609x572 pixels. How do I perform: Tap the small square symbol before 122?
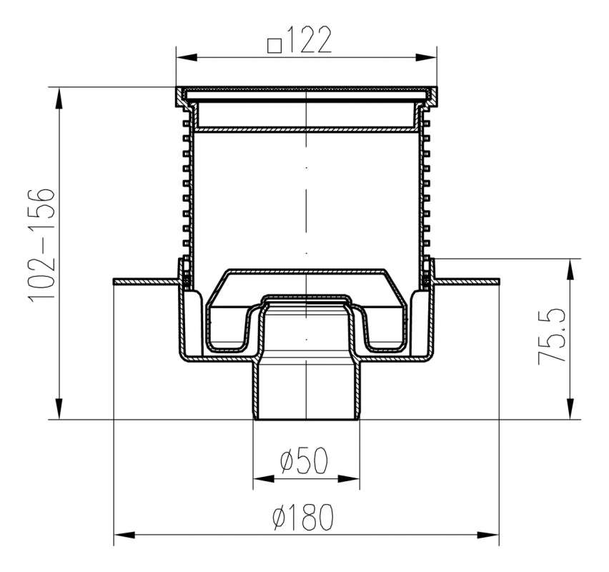click(x=274, y=46)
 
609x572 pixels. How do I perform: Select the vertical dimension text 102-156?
click(x=41, y=244)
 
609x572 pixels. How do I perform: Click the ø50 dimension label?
click(x=304, y=460)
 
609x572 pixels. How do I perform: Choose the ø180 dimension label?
click(x=303, y=517)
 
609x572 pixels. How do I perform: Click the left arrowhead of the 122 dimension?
click(x=186, y=57)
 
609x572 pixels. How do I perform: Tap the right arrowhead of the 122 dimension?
click(x=427, y=57)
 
